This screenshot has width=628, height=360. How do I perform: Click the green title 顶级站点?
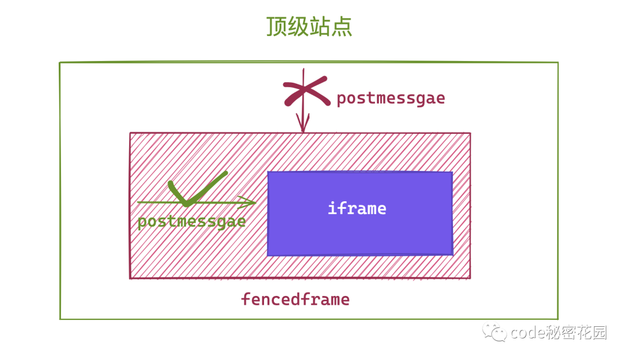tap(309, 27)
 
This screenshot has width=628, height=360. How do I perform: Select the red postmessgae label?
tap(391, 98)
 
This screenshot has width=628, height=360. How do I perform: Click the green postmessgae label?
tap(192, 222)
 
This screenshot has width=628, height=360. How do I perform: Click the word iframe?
tap(357, 208)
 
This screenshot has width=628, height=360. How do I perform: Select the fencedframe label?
tap(295, 300)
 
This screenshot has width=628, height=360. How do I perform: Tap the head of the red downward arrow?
tap(302, 126)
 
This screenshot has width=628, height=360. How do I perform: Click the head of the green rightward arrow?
tap(249, 202)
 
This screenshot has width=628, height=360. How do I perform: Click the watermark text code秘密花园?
tap(559, 333)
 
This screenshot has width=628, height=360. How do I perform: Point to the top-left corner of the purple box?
tap(268, 172)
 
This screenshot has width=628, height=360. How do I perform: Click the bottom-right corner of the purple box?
tap(452, 255)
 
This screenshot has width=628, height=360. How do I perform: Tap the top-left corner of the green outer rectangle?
tap(60, 63)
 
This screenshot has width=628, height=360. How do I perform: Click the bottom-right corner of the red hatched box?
tap(470, 279)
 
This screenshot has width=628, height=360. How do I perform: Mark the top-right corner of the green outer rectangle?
tap(558, 63)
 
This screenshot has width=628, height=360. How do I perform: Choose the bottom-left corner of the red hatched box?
tap(130, 279)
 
